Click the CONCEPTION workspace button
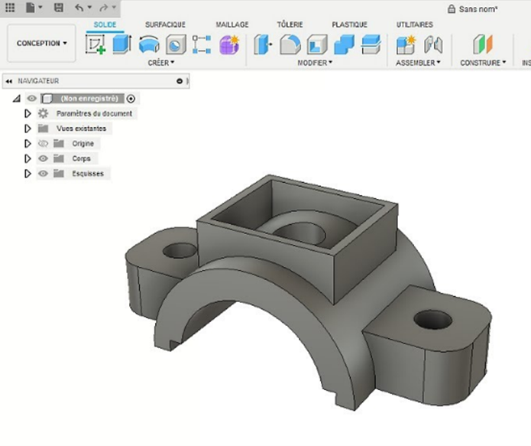pyautogui.click(x=42, y=44)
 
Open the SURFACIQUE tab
pyautogui.click(x=165, y=24)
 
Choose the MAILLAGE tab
pyautogui.click(x=232, y=24)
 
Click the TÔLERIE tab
pyautogui.click(x=291, y=24)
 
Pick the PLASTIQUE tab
pyautogui.click(x=349, y=24)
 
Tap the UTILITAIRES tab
pyautogui.click(x=414, y=24)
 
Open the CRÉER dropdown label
pyautogui.click(x=160, y=63)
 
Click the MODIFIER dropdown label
pyautogui.click(x=314, y=63)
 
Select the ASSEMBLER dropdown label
pyautogui.click(x=418, y=63)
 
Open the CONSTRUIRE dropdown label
pyautogui.click(x=482, y=63)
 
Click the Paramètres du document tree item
pyautogui.click(x=94, y=113)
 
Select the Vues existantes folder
pyautogui.click(x=81, y=129)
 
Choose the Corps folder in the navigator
pyautogui.click(x=81, y=158)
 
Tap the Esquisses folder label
pyautogui.click(x=88, y=174)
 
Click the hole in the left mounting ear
pyautogui.click(x=180, y=250)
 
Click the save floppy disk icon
pyautogui.click(x=59, y=7)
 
